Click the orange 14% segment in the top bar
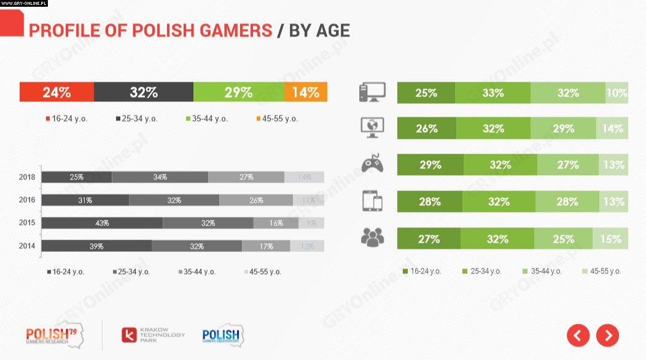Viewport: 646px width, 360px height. tap(306, 92)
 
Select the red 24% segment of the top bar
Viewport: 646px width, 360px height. tap(56, 92)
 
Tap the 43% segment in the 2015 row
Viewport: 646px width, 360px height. tap(102, 222)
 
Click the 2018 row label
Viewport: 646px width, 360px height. tap(28, 177)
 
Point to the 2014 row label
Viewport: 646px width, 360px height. tap(28, 246)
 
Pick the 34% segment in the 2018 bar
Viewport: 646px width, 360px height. tap(160, 177)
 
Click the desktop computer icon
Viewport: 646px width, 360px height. tap(372, 93)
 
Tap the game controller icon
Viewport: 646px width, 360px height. tap(372, 164)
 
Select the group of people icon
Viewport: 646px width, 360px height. tap(372, 237)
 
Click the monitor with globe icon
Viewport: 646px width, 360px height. tap(372, 128)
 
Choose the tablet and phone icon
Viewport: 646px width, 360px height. tap(372, 201)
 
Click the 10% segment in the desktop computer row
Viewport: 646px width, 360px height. tap(617, 93)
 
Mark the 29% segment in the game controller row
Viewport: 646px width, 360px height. tap(430, 165)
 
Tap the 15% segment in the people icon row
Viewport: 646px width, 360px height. tap(610, 239)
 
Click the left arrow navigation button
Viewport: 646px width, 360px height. tap(578, 335)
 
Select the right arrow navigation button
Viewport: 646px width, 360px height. tap(607, 335)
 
